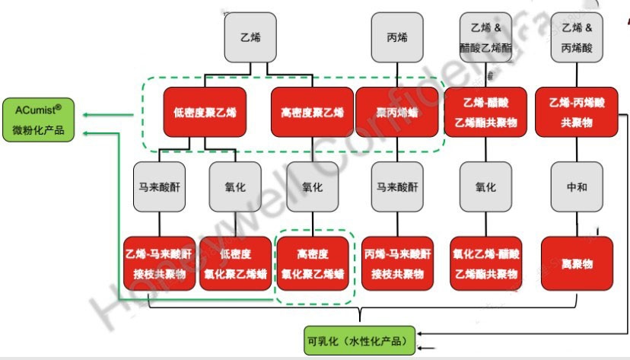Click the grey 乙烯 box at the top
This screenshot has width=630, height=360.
pyautogui.click(x=250, y=37)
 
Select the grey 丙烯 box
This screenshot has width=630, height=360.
pyautogui.click(x=396, y=37)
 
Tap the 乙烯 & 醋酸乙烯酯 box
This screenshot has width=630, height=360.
pyautogui.click(x=486, y=37)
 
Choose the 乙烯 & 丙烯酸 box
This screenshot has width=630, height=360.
pyautogui.click(x=577, y=37)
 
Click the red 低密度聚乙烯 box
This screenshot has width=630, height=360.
pyautogui.click(x=205, y=112)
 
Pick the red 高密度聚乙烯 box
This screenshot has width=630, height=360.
pyautogui.click(x=312, y=112)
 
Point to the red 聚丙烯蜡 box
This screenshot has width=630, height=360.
pyautogui.click(x=396, y=112)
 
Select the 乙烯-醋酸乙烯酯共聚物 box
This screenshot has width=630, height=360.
pyautogui.click(x=486, y=112)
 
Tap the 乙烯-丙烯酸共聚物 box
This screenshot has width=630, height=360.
pyautogui.click(x=577, y=112)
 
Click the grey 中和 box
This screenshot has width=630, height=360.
pyautogui.click(x=577, y=186)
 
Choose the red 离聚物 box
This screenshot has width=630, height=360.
pyautogui.click(x=577, y=263)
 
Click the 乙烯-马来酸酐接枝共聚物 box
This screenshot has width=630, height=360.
pyautogui.click(x=159, y=263)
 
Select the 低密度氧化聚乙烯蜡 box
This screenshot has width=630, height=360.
pyautogui.click(x=235, y=263)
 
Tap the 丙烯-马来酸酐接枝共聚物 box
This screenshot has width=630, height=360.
pyautogui.click(x=396, y=263)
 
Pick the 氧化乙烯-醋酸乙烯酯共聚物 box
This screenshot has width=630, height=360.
pyautogui.click(x=486, y=263)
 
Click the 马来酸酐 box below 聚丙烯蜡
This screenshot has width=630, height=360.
pyautogui.click(x=396, y=186)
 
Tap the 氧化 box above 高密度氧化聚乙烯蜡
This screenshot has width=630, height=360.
pyautogui.click(x=312, y=186)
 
